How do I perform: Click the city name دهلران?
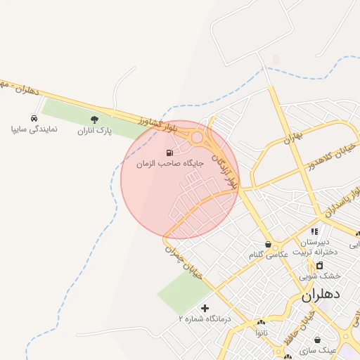321,295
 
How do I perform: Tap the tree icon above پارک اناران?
95,120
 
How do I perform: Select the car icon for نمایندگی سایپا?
34,118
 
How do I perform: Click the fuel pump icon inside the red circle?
169,153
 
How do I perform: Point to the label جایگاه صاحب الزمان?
169,163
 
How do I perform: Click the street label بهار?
292,137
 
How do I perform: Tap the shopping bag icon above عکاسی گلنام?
269,244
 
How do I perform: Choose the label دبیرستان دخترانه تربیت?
315,247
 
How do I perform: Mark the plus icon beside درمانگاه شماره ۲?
205,308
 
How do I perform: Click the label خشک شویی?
320,276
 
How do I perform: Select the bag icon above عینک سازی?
318,340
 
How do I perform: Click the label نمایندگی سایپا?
34,129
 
